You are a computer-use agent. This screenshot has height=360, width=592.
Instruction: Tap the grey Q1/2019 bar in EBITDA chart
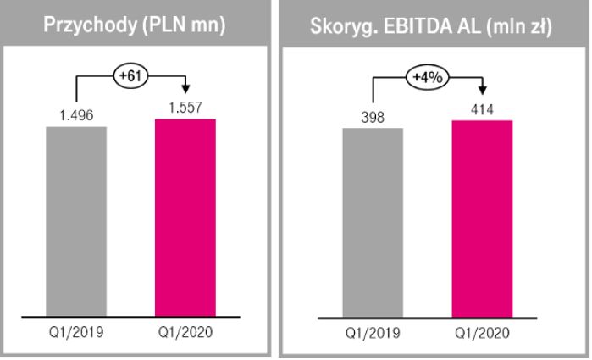click(x=373, y=223)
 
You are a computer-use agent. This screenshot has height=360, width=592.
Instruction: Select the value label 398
click(x=373, y=117)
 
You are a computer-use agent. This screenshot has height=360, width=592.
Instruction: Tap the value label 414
click(x=481, y=110)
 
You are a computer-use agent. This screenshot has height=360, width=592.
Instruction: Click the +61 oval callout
click(x=130, y=76)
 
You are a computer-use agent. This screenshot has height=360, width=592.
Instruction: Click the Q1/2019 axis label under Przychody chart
click(x=76, y=330)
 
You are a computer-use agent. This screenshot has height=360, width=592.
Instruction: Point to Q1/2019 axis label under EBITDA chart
click(x=373, y=334)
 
